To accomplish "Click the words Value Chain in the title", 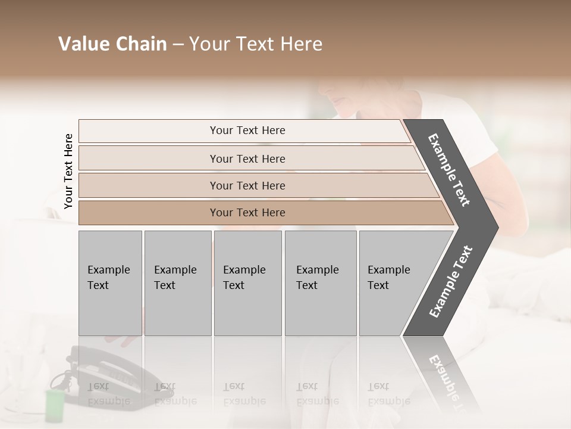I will coord(112,44).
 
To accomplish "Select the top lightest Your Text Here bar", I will coord(247,130).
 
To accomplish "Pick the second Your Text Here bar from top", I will coord(247,158).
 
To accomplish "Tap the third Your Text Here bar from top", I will coord(247,185).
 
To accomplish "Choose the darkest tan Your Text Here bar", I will coord(247,213).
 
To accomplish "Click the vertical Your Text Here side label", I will coord(68,171).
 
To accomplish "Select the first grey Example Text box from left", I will coord(110,282).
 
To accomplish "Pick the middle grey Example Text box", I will coord(247,282).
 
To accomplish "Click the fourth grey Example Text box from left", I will coord(320,282).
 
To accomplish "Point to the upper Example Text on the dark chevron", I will coord(449,170).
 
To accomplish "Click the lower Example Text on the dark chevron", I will coord(450,281).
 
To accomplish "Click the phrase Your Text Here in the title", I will coord(256,44).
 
